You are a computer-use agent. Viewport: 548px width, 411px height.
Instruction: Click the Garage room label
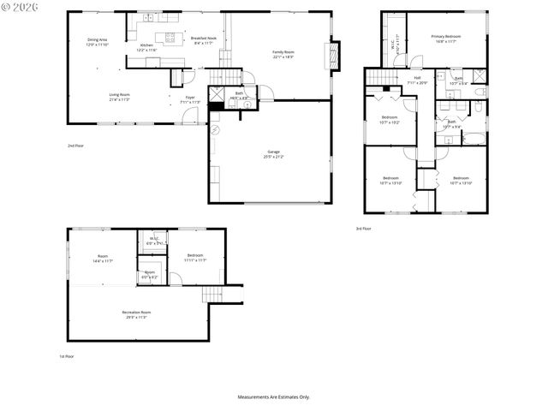click(273, 154)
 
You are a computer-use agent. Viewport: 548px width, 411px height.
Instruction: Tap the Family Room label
click(283, 54)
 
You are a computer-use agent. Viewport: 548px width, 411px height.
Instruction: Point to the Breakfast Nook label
click(202, 39)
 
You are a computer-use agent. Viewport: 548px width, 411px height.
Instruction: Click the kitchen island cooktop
click(170, 36)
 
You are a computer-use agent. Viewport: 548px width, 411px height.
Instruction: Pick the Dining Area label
click(98, 42)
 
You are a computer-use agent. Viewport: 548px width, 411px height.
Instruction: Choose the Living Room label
click(119, 96)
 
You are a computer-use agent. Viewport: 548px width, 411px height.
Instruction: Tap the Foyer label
click(190, 99)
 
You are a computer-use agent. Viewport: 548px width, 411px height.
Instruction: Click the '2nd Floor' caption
click(75, 146)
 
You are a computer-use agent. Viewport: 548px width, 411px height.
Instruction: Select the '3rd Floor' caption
click(364, 229)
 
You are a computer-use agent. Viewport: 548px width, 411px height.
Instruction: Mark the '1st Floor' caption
click(66, 356)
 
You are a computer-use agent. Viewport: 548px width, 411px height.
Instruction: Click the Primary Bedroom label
click(445, 38)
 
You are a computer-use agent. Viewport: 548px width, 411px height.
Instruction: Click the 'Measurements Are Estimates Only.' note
click(273, 396)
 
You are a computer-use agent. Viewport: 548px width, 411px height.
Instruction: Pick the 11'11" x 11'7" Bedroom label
click(195, 257)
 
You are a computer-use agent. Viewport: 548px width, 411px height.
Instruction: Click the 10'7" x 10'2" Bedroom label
click(389, 119)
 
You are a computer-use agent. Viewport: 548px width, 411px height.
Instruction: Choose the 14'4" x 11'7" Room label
click(103, 259)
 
